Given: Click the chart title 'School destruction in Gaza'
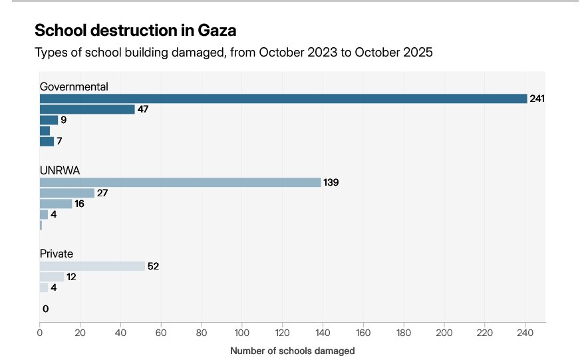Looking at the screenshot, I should [x=135, y=31].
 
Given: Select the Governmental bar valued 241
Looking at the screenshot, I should [x=283, y=98].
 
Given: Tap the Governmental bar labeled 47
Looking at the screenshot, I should [x=87, y=109].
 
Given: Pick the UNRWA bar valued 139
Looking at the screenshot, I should [x=180, y=182].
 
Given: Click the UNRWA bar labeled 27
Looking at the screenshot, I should [x=67, y=193].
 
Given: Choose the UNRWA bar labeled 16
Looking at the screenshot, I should [x=56, y=204].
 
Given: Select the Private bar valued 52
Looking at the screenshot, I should [x=92, y=266].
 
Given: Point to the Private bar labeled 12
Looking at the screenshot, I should [x=52, y=277].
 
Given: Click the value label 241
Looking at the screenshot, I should [x=537, y=98].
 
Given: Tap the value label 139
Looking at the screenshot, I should [x=331, y=182].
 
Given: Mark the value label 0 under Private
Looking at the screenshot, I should [x=45, y=309].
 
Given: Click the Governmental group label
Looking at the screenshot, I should [x=74, y=87].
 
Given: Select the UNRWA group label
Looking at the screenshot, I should [x=60, y=170].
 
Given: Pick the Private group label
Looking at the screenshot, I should [x=57, y=254].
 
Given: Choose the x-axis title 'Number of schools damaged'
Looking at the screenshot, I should [x=293, y=351].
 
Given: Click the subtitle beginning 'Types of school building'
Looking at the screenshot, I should [x=233, y=53].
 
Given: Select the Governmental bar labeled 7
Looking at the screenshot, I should [x=47, y=141].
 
